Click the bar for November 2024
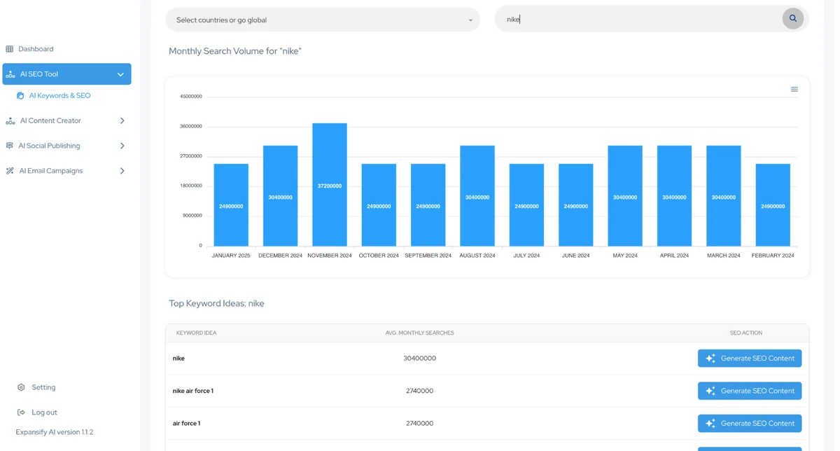(x=329, y=185)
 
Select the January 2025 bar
(x=231, y=205)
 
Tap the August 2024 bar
(x=477, y=196)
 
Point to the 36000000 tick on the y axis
(x=191, y=126)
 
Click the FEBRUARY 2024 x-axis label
(x=773, y=256)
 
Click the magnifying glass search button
(x=792, y=18)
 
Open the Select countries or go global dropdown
(x=323, y=20)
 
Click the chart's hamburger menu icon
(x=794, y=90)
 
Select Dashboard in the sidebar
(x=36, y=49)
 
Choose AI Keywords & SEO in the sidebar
(x=59, y=96)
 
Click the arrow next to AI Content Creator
(x=122, y=120)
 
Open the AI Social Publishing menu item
(x=49, y=146)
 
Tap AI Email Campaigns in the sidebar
(x=50, y=171)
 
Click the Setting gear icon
(x=21, y=387)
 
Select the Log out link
(x=44, y=412)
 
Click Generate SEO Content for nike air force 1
(x=750, y=391)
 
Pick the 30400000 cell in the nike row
(x=419, y=359)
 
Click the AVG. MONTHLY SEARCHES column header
(x=419, y=333)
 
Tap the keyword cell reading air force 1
(x=186, y=423)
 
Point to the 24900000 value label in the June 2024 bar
(x=575, y=207)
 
